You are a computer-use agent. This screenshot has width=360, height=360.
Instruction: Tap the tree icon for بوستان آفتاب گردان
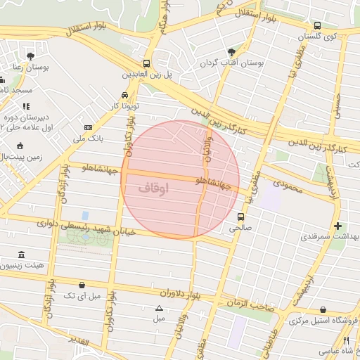coord(232,52)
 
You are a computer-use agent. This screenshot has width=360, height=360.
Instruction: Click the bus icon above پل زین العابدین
coord(146,62)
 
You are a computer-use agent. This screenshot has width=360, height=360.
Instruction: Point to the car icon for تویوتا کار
coord(124,94)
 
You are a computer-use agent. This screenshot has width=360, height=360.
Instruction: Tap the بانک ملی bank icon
coord(88,127)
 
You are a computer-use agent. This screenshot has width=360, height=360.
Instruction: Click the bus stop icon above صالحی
coord(241,217)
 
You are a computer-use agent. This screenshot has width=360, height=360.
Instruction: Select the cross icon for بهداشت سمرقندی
coord(338,226)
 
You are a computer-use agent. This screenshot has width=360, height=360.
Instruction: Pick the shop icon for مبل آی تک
coord(83,285)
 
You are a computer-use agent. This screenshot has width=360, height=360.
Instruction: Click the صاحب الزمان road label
coord(250,303)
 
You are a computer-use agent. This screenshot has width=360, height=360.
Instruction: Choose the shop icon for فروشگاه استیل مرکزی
coord(323,309)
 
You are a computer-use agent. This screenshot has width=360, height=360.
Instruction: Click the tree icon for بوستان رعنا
coord(30,56)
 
